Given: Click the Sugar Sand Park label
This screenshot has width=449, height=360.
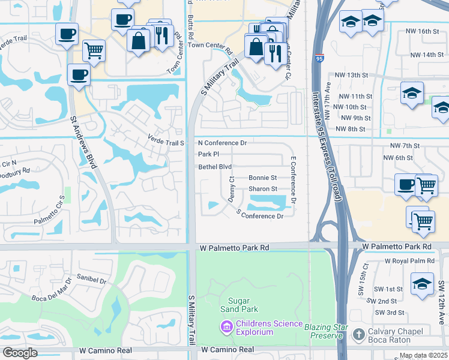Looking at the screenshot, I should coord(243,304).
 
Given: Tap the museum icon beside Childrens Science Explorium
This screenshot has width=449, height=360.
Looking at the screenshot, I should coord(226,327).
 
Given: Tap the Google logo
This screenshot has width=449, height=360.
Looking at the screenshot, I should coord(19,352).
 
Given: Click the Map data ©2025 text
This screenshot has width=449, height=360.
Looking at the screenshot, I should coord(423,355).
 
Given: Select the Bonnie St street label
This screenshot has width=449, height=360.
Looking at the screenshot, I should coord(262,178).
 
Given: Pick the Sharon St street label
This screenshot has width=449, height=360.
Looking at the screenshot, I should coord(262,189).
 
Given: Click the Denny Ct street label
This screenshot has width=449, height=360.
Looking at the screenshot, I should coord(231,189).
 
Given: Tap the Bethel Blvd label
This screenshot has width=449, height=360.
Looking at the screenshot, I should coord(215,167).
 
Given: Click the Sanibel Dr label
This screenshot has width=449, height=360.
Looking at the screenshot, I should coord(91,280).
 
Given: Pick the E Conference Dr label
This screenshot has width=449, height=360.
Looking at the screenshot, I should coord(294,179).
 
